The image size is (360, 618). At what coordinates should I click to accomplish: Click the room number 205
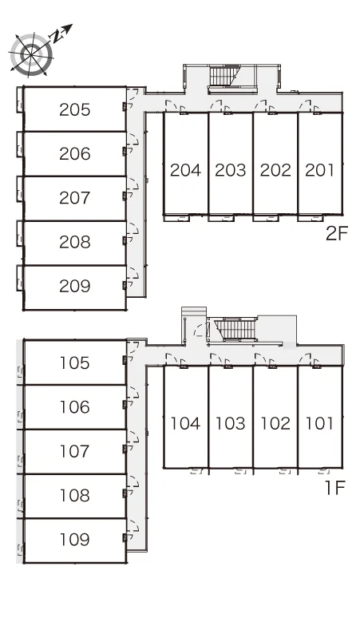pos(75,109)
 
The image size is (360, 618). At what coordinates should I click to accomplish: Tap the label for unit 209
pos(75,286)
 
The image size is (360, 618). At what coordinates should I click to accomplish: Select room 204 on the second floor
pos(185,170)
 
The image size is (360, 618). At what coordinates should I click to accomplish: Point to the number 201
pos(319,170)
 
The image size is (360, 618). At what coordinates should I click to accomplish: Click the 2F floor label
pos(337,234)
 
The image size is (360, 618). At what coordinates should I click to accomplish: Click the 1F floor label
pos(335,488)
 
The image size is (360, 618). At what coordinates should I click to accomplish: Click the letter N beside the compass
pos(57,37)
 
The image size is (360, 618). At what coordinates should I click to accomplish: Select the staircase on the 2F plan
pos(224,76)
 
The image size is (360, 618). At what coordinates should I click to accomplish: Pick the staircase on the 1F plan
pos(236,329)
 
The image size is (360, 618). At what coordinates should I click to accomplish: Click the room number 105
pos(75,363)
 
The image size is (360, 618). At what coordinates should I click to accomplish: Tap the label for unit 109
pos(75,539)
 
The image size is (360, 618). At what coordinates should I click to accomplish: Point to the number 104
pos(185,423)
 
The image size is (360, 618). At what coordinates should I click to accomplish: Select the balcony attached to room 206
pos(20,145)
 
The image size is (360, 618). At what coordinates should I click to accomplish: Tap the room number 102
pos(275,423)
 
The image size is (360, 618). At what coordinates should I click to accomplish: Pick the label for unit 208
pos(75,242)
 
